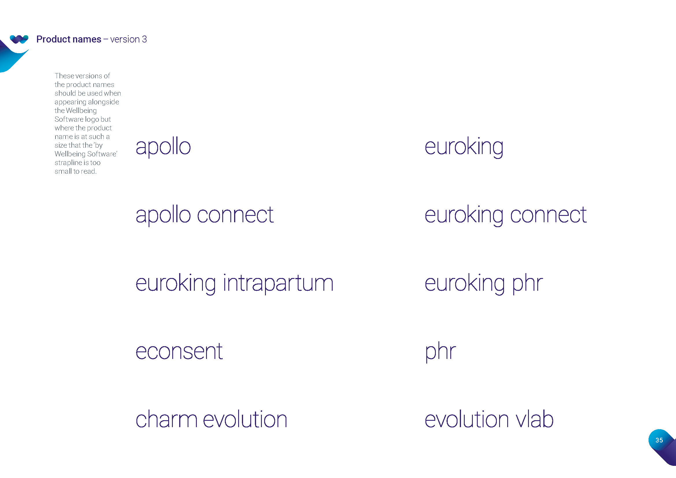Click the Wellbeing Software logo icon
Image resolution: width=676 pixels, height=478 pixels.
(x=19, y=39)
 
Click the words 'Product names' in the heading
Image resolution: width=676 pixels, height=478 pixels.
(x=68, y=39)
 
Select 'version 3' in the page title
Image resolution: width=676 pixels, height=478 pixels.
(x=128, y=39)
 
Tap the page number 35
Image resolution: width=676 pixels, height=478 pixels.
(x=659, y=440)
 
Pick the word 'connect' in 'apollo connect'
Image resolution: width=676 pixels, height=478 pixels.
(x=235, y=215)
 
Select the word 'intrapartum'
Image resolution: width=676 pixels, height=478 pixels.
(x=278, y=283)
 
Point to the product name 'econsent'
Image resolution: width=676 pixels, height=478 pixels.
(x=179, y=351)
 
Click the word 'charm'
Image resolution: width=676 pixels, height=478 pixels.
(x=166, y=419)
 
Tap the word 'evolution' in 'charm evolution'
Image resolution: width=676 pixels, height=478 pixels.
(x=245, y=419)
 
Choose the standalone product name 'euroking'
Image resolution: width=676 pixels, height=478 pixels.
(x=464, y=147)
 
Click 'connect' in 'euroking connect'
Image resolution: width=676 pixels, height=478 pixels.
(x=548, y=215)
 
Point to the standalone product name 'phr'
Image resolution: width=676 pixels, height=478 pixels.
(x=440, y=352)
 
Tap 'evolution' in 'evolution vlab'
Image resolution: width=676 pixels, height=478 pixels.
(x=466, y=419)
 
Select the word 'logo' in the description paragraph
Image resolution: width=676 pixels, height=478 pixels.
(x=92, y=119)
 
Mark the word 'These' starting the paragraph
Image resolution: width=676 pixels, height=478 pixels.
(x=64, y=76)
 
